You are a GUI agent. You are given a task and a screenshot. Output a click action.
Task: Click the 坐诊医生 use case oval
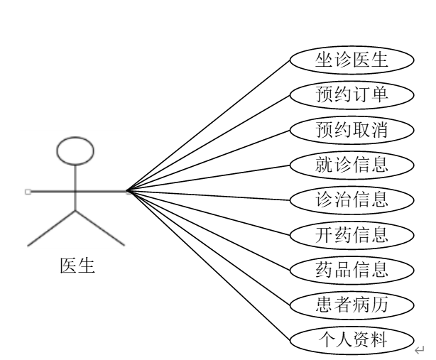pyautogui.click(x=352, y=59)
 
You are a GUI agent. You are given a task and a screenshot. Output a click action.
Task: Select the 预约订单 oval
pyautogui.click(x=352, y=94)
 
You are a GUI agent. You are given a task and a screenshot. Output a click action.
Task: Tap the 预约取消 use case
pyautogui.click(x=352, y=129)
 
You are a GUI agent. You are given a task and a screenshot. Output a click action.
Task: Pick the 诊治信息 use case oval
pyautogui.click(x=352, y=199)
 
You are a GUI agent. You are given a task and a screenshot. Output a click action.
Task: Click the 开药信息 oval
pyautogui.click(x=352, y=234)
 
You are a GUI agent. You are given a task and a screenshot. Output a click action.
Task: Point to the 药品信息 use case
pyautogui.click(x=352, y=269)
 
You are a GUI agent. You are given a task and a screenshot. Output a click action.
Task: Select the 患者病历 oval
pyautogui.click(x=352, y=304)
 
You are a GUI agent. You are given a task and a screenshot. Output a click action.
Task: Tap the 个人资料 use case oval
pyautogui.click(x=352, y=339)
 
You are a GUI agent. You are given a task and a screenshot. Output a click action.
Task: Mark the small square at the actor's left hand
pyautogui.click(x=27, y=191)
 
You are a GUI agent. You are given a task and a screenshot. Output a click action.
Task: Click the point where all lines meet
pyautogui.click(x=127, y=190)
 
